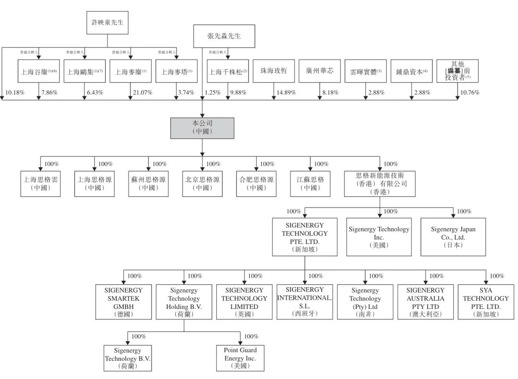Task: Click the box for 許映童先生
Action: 107,22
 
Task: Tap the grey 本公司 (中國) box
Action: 202,128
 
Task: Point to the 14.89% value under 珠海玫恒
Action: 286,92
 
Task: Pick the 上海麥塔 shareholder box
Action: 177,72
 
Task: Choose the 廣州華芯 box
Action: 319,71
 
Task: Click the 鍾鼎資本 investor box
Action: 412,72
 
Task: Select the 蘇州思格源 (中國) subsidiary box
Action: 149,183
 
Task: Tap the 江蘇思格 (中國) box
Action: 310,183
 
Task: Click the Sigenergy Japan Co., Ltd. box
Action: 453,237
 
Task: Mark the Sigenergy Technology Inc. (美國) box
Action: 379,237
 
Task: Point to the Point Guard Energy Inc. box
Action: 240,358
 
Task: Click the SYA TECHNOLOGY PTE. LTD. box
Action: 486,302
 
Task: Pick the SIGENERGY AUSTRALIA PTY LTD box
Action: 425,302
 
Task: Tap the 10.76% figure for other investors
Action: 470,92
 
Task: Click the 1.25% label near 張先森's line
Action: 212,92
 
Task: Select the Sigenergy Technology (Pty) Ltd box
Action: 365,302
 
